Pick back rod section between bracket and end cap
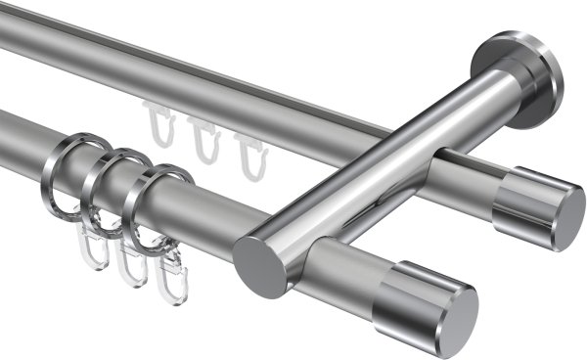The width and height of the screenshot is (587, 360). (470, 174)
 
